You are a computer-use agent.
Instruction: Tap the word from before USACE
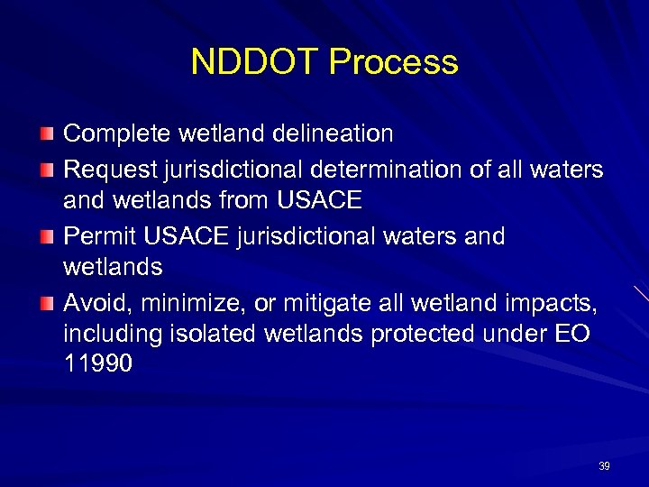coord(248,201)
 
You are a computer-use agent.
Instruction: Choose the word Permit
coord(98,235)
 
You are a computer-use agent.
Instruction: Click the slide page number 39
coord(604,466)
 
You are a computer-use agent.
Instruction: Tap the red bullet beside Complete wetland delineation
coord(47,135)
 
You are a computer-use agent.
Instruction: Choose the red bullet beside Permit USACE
coord(47,236)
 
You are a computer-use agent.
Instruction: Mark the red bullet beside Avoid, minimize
coord(47,302)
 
